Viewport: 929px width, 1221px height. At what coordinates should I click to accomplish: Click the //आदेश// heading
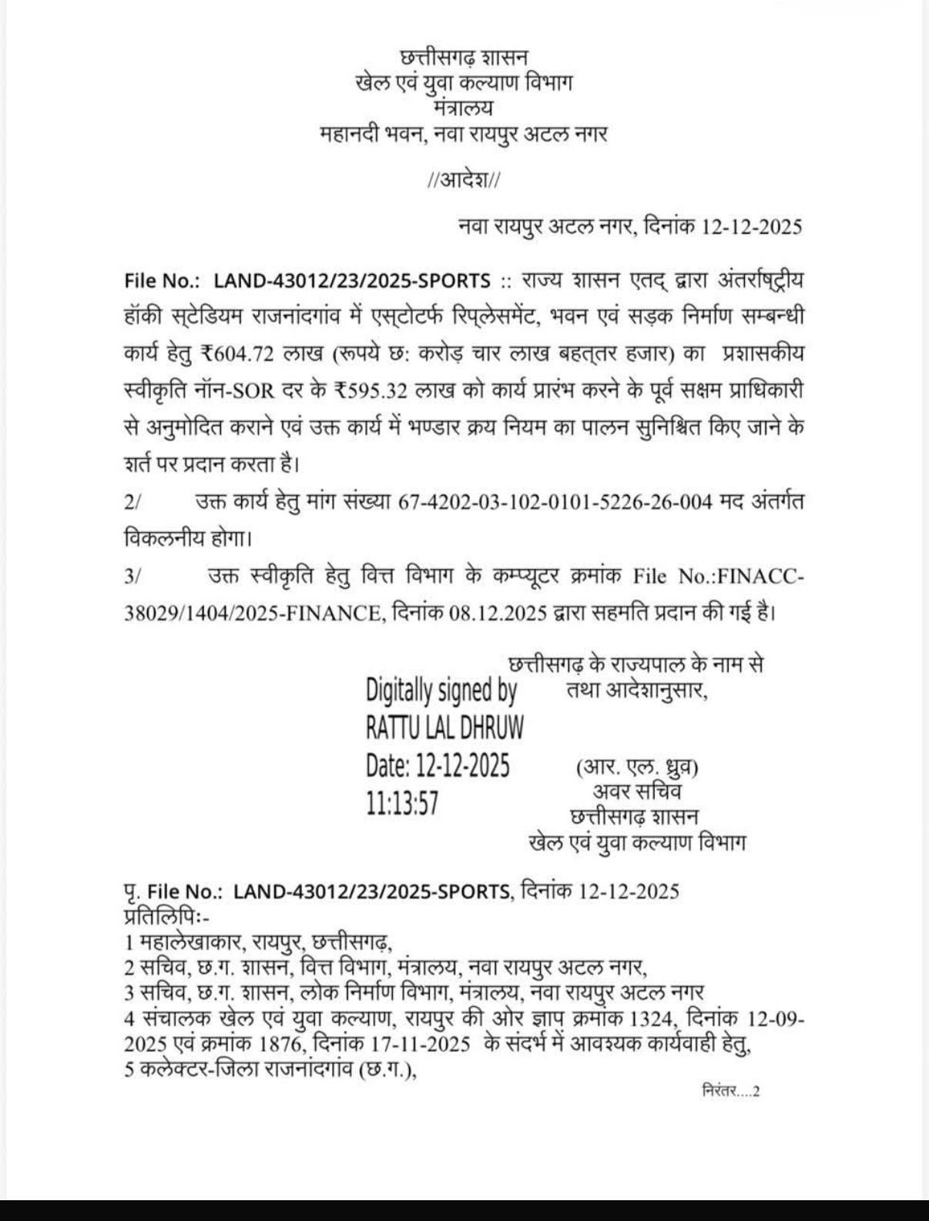click(464, 181)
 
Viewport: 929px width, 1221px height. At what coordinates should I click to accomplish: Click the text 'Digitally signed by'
click(441, 691)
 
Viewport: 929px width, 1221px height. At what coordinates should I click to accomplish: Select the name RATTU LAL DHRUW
click(444, 727)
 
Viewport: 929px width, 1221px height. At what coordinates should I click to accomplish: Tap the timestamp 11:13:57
click(402, 804)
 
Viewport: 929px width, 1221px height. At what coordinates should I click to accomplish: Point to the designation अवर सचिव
click(636, 791)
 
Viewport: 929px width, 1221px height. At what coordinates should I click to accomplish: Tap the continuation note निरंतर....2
click(731, 1091)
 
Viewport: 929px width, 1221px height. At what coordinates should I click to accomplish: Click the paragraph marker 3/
click(132, 577)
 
